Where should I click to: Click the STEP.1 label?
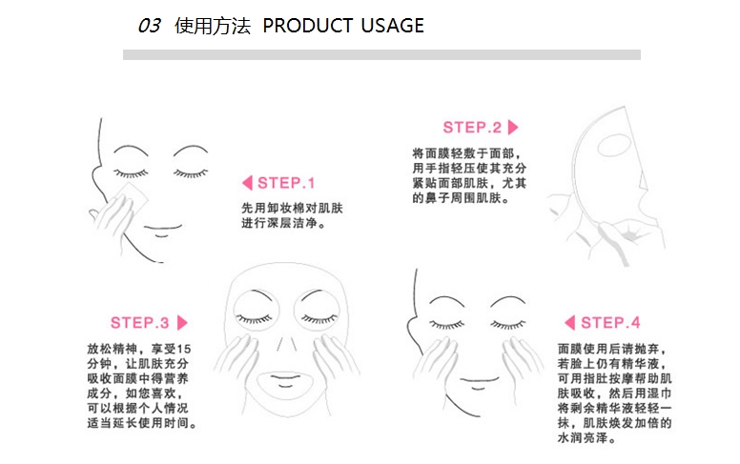(x=286, y=183)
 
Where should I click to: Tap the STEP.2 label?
(x=472, y=128)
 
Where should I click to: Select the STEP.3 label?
(x=139, y=323)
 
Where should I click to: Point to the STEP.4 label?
(x=610, y=323)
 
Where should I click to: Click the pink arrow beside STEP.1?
(x=247, y=183)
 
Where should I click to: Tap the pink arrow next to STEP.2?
(x=513, y=128)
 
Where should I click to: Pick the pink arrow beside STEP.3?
(x=182, y=323)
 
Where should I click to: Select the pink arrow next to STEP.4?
(x=569, y=323)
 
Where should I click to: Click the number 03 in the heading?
(x=149, y=26)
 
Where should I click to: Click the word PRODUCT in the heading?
(x=308, y=26)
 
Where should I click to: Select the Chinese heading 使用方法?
(x=213, y=26)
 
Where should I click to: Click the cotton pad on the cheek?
(x=133, y=196)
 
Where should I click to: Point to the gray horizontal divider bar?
(x=381, y=54)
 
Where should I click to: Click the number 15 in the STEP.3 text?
(x=184, y=350)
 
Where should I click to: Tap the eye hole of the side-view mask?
(x=613, y=145)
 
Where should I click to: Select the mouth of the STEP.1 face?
(x=163, y=231)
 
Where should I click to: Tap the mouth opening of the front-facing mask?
(x=285, y=378)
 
